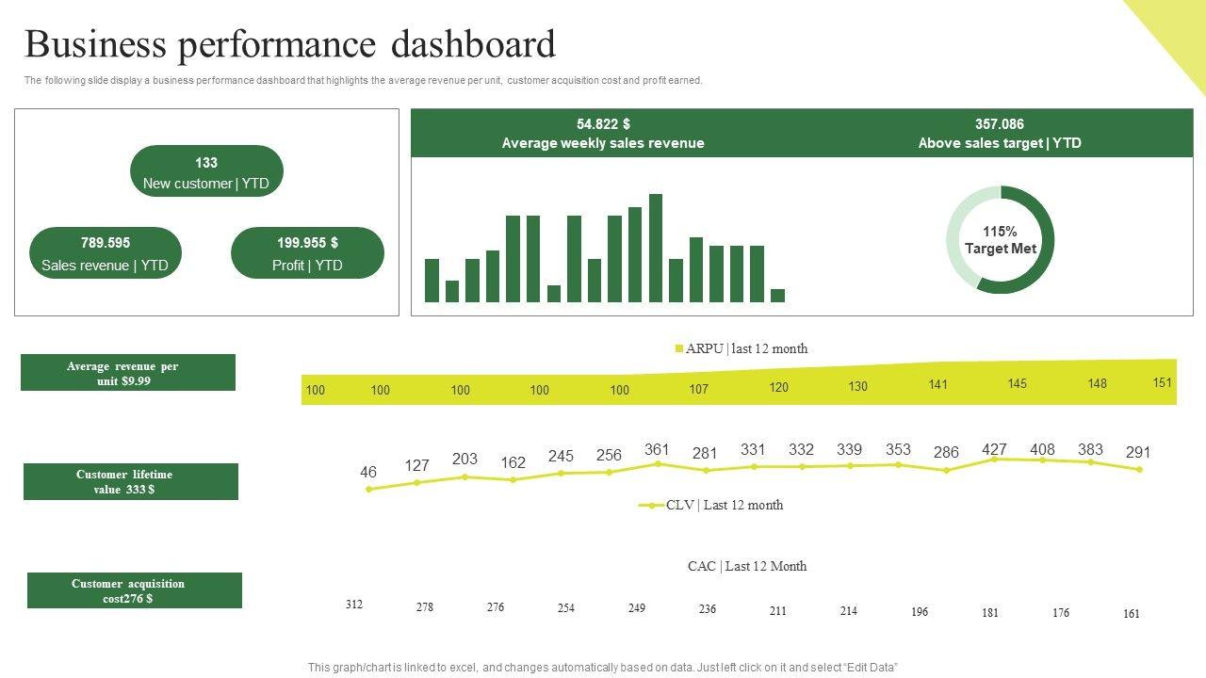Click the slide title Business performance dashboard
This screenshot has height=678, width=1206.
pyautogui.click(x=290, y=45)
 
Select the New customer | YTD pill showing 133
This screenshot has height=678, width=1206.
pyautogui.click(x=206, y=171)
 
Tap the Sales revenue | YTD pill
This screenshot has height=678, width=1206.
pyautogui.click(x=106, y=253)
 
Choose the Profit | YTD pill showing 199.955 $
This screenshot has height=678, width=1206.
pyautogui.click(x=307, y=253)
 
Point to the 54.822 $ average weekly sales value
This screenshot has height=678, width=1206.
pyautogui.click(x=603, y=124)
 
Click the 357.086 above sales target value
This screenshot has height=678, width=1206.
pyautogui.click(x=1000, y=124)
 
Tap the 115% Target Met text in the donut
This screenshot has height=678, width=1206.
pyautogui.click(x=1000, y=240)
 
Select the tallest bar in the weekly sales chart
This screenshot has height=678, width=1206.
pyautogui.click(x=656, y=248)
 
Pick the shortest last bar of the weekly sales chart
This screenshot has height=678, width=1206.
pyautogui.click(x=777, y=296)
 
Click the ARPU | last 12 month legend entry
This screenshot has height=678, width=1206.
pyautogui.click(x=742, y=348)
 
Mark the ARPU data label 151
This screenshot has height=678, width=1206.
pyautogui.click(x=1163, y=382)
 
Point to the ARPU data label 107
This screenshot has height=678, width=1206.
pyautogui.click(x=698, y=389)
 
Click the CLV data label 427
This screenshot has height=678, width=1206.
pyautogui.click(x=994, y=449)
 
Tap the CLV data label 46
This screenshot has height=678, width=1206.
pyautogui.click(x=368, y=472)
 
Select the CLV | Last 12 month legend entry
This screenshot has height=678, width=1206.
pyautogui.click(x=712, y=505)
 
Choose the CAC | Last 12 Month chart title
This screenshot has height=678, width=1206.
pyautogui.click(x=747, y=566)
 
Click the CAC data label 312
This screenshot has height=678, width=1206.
pyautogui.click(x=354, y=605)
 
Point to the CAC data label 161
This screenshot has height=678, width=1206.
pyautogui.click(x=1132, y=614)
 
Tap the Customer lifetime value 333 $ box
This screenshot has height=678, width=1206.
pyautogui.click(x=131, y=481)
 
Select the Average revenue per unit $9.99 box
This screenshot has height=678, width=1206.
pyautogui.click(x=128, y=373)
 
